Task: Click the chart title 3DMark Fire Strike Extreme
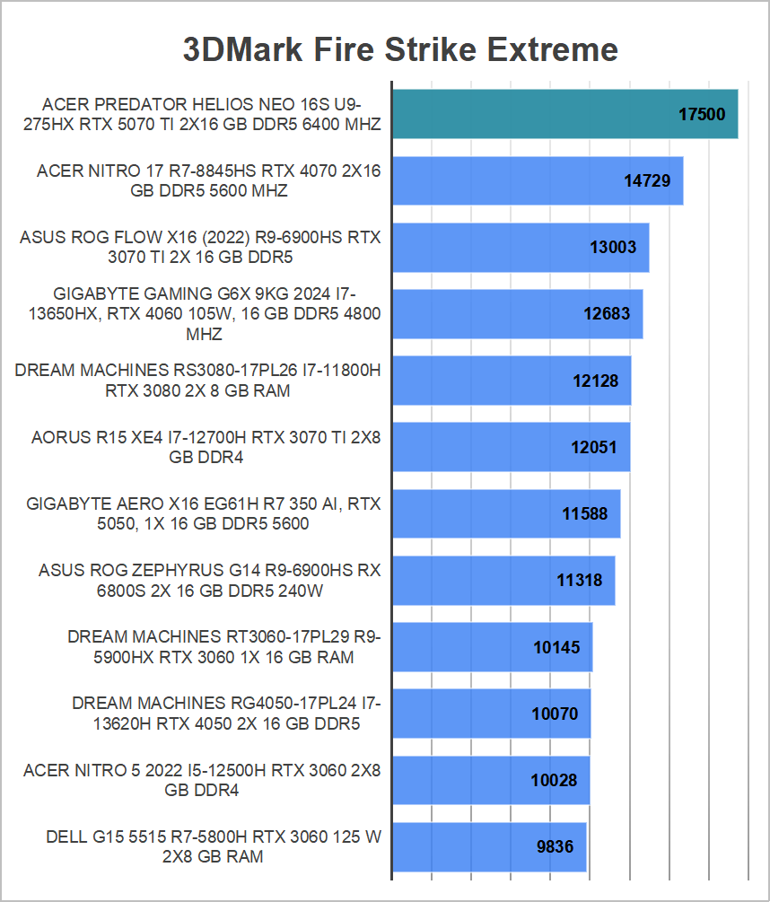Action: pos(400,48)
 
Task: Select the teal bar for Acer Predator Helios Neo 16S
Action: pos(538,114)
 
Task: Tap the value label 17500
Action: pos(702,115)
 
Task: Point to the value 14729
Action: pos(647,181)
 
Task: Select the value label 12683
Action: pos(607,314)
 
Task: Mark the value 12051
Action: pos(594,447)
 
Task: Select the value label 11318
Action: pos(579,581)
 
